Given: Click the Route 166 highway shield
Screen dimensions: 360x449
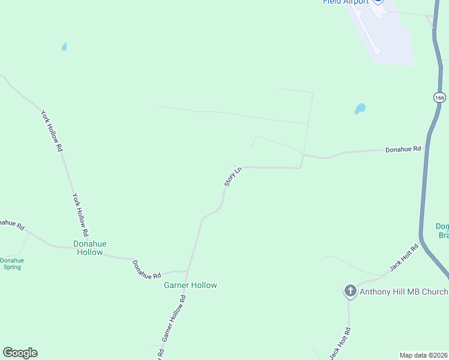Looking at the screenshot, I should (440, 97).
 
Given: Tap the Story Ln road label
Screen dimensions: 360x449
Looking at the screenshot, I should (233, 176).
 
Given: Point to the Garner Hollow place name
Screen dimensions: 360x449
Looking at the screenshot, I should (190, 285).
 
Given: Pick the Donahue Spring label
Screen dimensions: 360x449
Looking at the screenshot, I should (12, 263).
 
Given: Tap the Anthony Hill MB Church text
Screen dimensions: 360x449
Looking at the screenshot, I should (403, 292).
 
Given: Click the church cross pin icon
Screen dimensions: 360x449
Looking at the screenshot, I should (350, 291).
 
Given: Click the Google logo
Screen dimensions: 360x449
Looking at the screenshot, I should (20, 353).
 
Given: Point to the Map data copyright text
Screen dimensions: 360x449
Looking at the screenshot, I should (423, 355).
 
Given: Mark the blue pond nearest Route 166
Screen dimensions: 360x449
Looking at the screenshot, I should (360, 109).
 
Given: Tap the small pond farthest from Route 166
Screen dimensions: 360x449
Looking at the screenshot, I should (64, 46).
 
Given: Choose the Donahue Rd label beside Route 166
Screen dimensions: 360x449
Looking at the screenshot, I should (403, 149).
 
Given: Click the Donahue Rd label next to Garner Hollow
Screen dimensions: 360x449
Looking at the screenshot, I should (146, 269).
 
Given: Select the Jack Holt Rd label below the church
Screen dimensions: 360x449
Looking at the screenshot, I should (340, 343).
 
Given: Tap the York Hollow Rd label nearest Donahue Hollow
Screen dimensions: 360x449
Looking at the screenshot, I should (80, 214).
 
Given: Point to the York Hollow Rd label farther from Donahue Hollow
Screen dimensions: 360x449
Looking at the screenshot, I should (52, 130).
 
